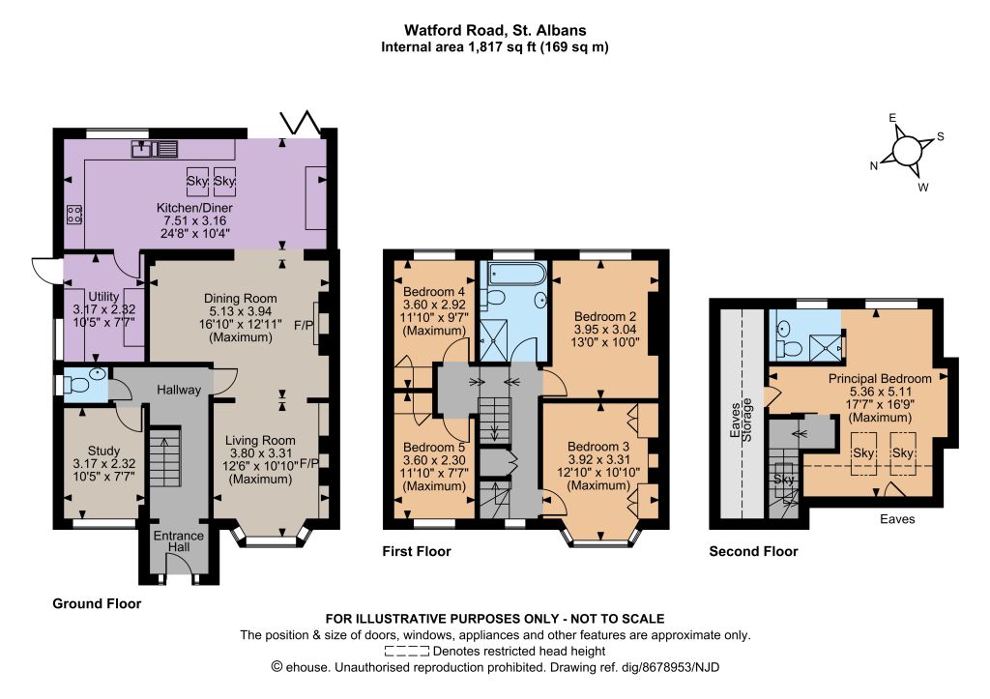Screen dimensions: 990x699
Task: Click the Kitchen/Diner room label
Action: [x=194, y=208]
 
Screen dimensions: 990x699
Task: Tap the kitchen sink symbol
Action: [x=155, y=149]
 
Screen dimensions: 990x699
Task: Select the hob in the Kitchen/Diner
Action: [x=73, y=215]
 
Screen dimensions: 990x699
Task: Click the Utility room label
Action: [x=103, y=296]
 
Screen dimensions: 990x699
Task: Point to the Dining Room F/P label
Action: [x=304, y=326]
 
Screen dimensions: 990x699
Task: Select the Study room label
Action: [x=103, y=451]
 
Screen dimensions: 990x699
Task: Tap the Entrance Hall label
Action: [x=179, y=541]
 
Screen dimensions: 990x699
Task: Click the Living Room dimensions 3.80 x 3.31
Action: [x=261, y=452]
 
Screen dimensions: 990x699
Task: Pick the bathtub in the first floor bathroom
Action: [x=513, y=274]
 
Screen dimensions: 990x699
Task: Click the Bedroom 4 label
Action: [x=434, y=292]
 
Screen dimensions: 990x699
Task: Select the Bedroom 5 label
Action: [x=434, y=448]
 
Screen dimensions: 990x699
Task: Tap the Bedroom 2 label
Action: [x=605, y=316]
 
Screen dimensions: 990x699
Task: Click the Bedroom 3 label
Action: [x=597, y=447]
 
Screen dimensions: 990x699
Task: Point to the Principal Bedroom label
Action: [x=880, y=379]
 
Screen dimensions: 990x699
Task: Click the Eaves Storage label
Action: [x=741, y=420]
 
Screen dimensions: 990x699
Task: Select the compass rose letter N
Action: [x=874, y=166]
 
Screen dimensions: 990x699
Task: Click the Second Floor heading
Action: [x=753, y=551]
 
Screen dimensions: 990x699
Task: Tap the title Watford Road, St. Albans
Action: [x=495, y=30]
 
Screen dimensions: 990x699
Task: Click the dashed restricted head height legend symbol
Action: [x=407, y=651]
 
